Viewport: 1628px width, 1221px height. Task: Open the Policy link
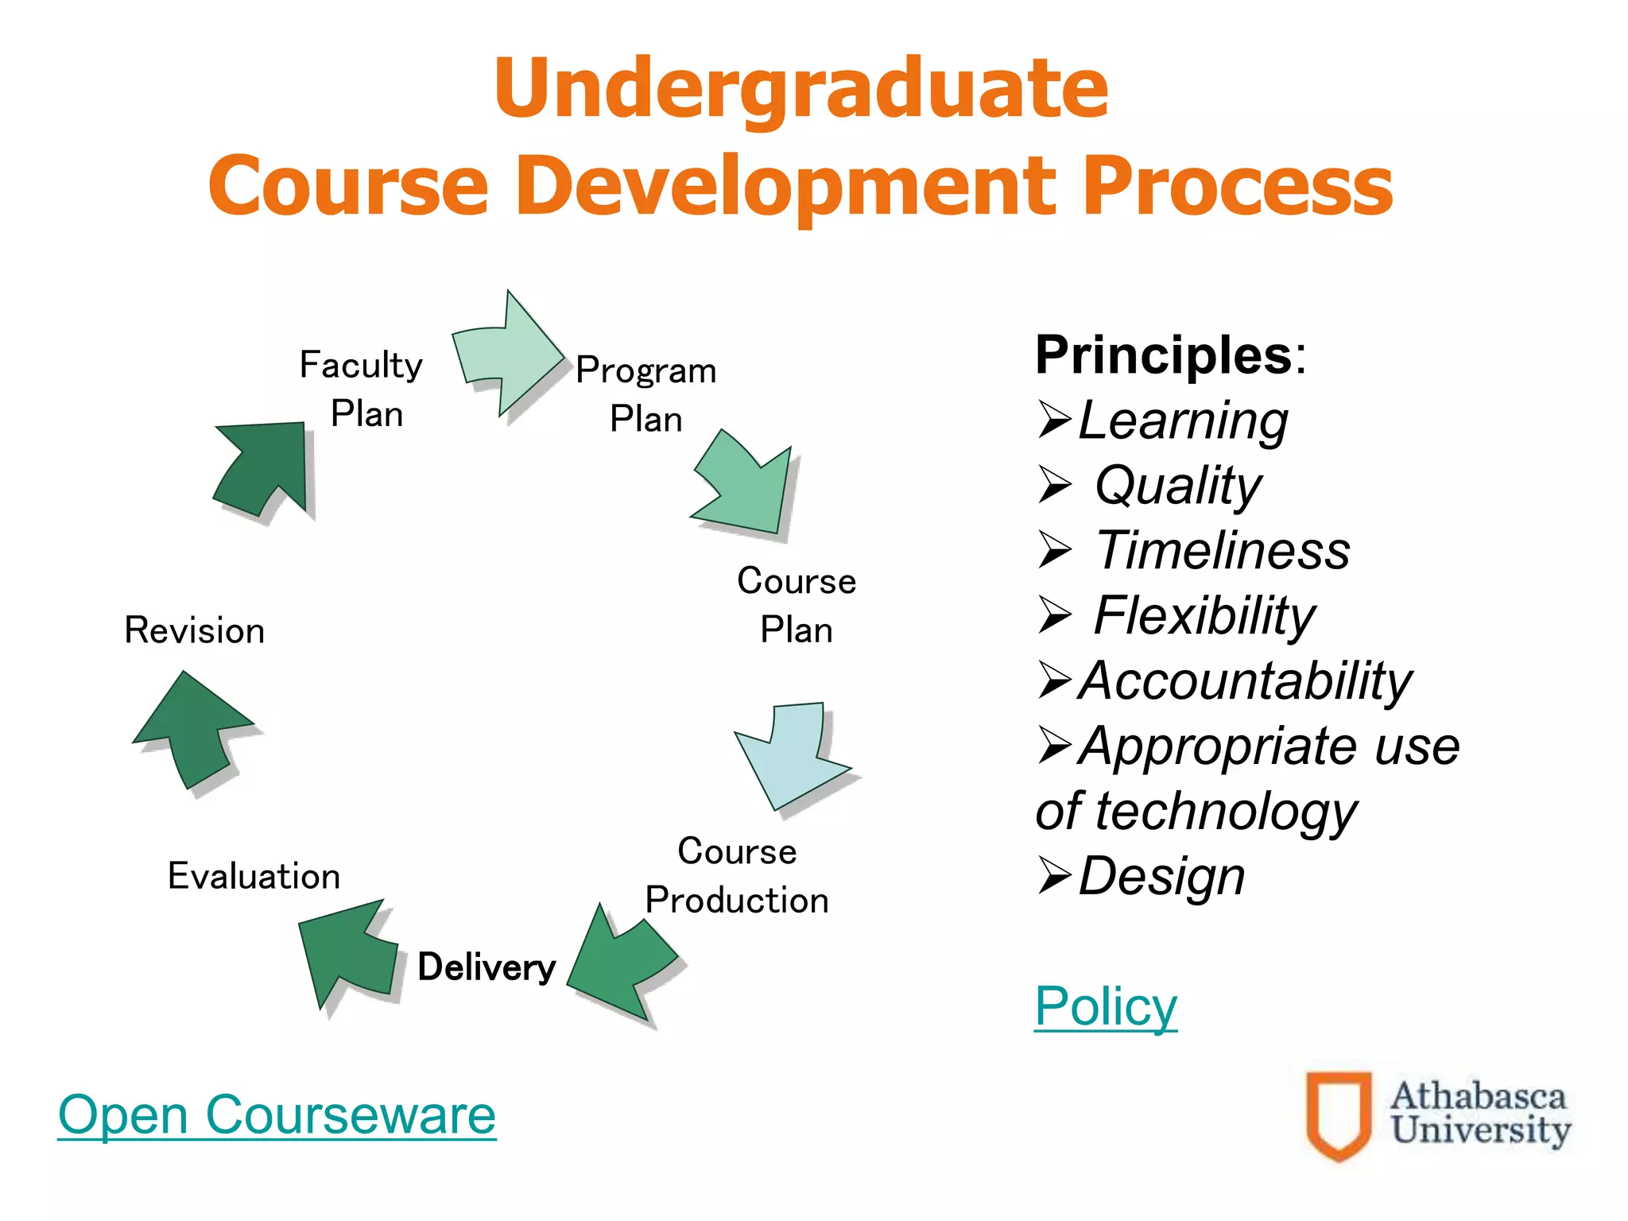1105,1006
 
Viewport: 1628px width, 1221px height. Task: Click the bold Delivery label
486,967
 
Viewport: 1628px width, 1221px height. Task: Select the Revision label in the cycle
195,630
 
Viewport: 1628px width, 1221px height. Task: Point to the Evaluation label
254,876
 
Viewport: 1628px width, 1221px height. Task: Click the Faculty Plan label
362,390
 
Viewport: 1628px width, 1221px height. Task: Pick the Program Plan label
646,394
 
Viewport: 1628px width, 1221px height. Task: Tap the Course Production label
737,876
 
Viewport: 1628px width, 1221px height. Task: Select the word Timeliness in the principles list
1223,550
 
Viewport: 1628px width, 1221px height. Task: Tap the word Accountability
1245,680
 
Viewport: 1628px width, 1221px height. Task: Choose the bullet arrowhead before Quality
1056,485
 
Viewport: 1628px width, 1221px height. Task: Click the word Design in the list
1161,876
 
